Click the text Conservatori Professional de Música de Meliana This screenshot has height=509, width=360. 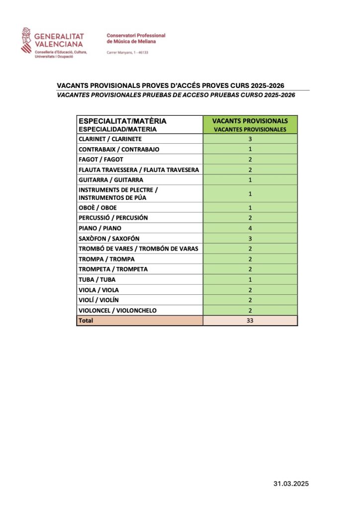pos(136,38)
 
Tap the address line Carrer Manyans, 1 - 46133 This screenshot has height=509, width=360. pos(128,52)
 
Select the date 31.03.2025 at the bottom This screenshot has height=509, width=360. pos(294,483)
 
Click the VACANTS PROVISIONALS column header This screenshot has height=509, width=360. pos(250,124)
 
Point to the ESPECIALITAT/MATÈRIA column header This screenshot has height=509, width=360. pos(122,124)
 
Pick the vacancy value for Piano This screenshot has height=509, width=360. pos(250,228)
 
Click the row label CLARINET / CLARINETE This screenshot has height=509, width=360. pos(110,139)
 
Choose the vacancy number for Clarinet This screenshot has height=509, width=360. pos(250,139)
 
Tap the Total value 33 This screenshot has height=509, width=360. pos(250,321)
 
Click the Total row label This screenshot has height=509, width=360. pos(86,321)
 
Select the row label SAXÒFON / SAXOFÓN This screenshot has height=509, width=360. pos(109,238)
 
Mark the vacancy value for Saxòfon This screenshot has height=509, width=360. pos(250,238)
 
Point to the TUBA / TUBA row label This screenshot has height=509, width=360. pos(97,279)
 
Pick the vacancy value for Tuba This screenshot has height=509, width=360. pos(250,279)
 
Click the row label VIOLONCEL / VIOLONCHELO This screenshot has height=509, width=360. pos(117,310)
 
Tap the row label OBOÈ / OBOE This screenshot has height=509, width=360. pos(97,207)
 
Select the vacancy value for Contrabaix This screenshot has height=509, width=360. pos(250,149)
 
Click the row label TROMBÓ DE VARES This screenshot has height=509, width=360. pos(138,249)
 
